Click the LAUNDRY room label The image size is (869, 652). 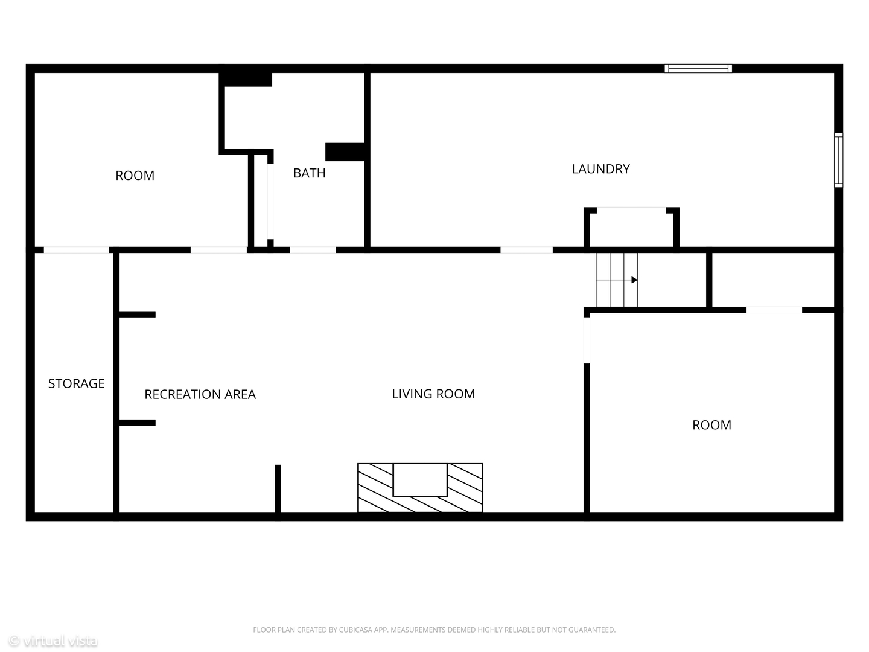coord(600,169)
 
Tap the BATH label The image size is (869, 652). coord(309,173)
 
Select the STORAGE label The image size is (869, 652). coord(77,383)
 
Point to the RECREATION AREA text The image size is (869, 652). coord(200,394)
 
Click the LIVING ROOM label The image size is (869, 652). coord(433,394)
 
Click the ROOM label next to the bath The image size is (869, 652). coord(135,175)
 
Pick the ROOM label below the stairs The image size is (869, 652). coord(712,425)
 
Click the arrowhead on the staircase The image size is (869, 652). coord(634,280)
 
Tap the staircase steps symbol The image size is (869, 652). coord(617,280)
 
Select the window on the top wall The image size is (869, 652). coord(698,68)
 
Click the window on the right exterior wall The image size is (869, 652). coord(838,160)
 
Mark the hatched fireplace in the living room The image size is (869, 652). coord(420,487)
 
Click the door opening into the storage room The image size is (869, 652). coord(76,250)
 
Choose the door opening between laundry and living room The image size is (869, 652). coord(527,250)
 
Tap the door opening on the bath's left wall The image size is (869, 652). coord(270,201)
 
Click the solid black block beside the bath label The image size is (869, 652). coord(345,152)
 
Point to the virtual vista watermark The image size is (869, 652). coord(53,640)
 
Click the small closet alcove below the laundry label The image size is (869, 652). coord(631,228)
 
